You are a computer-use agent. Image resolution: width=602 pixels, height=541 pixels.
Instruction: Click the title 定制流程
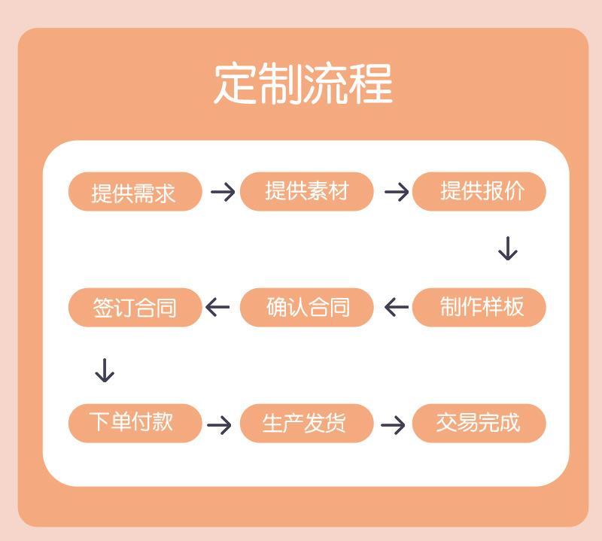click(x=303, y=84)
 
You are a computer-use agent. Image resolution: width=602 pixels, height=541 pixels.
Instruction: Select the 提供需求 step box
click(x=135, y=192)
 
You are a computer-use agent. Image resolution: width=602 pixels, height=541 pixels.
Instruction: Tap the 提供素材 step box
click(x=307, y=191)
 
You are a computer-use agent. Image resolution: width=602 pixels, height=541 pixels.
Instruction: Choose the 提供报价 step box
click(x=479, y=191)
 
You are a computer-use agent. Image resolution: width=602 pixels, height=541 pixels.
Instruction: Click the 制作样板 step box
click(x=479, y=307)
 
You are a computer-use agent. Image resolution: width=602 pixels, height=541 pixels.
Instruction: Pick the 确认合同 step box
click(x=307, y=307)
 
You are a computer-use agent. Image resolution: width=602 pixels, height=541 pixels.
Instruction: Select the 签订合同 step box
click(x=135, y=307)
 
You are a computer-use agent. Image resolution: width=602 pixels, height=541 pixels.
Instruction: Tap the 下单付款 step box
click(x=135, y=423)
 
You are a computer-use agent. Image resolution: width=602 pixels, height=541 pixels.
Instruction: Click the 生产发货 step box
click(x=307, y=423)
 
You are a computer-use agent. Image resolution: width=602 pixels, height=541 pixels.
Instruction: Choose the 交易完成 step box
click(x=479, y=423)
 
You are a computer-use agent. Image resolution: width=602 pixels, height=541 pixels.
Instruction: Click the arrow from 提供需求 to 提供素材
click(x=223, y=192)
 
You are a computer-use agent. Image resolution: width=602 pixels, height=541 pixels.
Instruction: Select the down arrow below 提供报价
click(x=508, y=248)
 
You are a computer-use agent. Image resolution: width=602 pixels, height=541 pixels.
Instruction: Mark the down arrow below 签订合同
click(x=105, y=369)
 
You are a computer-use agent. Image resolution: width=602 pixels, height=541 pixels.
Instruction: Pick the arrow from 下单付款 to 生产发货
click(x=219, y=425)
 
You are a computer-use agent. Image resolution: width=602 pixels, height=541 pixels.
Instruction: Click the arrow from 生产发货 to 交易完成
click(x=393, y=425)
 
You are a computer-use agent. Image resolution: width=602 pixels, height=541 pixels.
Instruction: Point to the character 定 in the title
click(x=236, y=84)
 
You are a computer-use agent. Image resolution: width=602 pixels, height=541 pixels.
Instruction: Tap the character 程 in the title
click(x=369, y=84)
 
